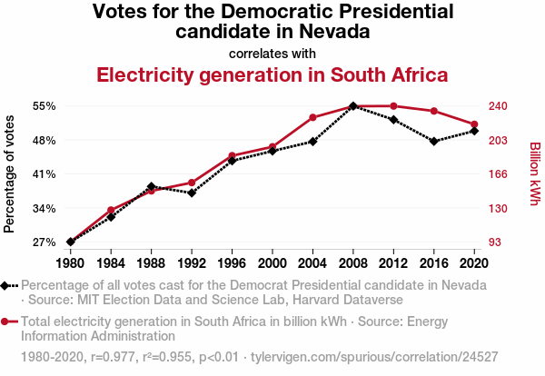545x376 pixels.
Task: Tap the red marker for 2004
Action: click(x=312, y=117)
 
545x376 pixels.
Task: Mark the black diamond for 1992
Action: click(x=192, y=193)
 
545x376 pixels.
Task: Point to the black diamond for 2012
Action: click(x=393, y=120)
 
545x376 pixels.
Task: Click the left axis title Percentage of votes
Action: click(x=10, y=173)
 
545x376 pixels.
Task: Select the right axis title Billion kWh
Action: click(x=535, y=173)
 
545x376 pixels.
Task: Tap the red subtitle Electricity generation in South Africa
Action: click(x=272, y=74)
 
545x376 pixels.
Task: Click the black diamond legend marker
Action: click(x=7, y=285)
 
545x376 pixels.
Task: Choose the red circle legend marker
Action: click(x=7, y=322)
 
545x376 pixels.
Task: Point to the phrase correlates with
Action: click(x=272, y=53)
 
